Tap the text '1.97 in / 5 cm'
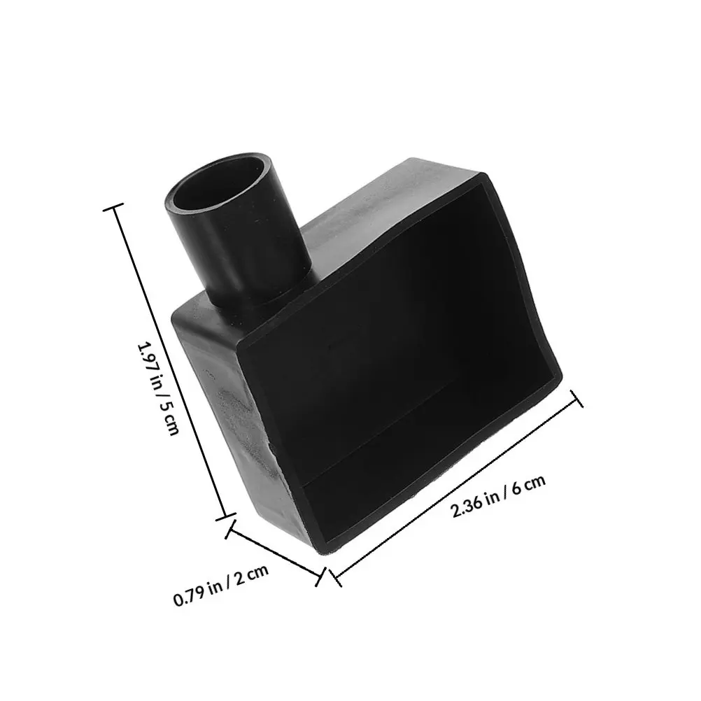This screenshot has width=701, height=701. click(159, 388)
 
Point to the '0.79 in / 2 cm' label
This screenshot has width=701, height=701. click(221, 585)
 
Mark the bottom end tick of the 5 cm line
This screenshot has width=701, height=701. click(225, 516)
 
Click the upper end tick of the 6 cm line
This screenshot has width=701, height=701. click(576, 398)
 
